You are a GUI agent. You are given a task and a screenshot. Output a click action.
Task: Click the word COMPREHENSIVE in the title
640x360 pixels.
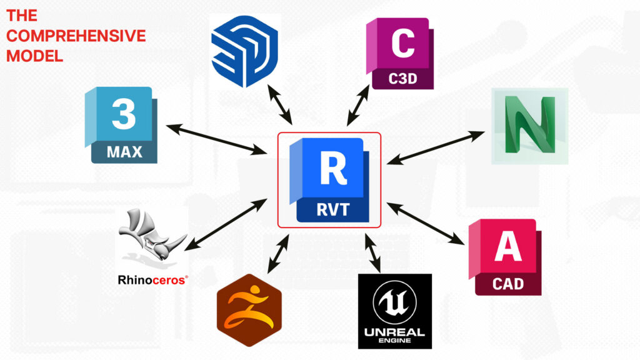(76, 36)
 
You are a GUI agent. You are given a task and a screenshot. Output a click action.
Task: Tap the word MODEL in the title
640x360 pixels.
(35, 56)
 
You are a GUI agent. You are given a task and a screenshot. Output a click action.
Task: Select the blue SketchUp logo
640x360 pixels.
(244, 51)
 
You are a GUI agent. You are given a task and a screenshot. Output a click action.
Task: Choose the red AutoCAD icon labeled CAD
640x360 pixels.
(506, 257)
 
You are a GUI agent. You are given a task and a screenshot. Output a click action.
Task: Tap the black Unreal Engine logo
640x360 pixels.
(394, 311)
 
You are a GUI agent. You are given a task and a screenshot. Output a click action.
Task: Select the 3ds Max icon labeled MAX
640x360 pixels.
(122, 125)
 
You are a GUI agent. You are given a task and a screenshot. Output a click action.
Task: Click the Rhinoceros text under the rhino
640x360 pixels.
(152, 280)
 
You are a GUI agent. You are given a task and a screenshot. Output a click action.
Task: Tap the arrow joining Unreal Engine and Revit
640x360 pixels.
(373, 254)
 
